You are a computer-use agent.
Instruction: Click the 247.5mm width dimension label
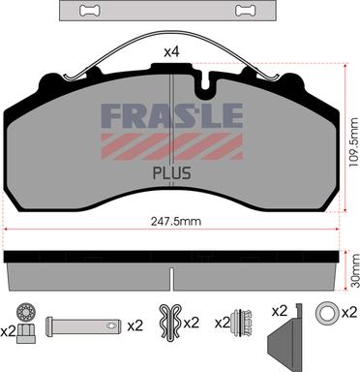[x=176, y=222]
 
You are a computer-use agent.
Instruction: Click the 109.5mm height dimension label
[x=354, y=141]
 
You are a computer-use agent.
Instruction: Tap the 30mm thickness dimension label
[x=354, y=270]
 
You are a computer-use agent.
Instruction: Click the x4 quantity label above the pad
[x=171, y=52]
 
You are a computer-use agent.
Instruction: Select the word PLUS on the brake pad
[x=171, y=173]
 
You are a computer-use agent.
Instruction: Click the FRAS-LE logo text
[x=172, y=115]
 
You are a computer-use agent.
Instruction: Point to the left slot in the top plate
[x=90, y=11]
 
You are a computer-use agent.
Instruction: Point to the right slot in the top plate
[x=246, y=11]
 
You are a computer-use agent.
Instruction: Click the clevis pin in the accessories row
[x=83, y=326]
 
